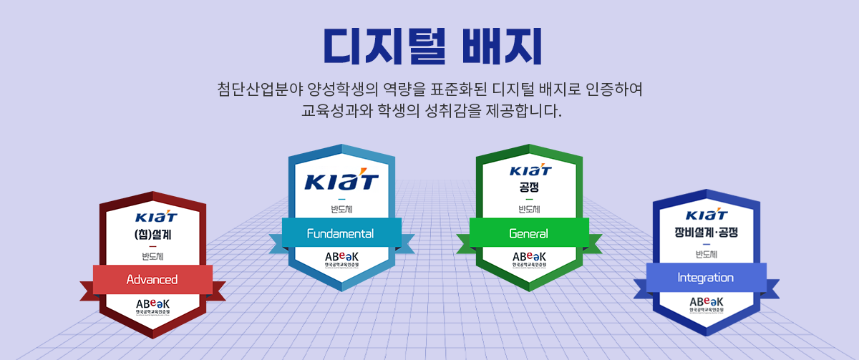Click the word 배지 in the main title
pos(500,45)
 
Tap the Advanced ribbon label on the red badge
pos(152,279)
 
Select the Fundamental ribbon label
pos(340,234)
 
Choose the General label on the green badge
pos(528,234)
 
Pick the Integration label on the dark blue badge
pos(705,278)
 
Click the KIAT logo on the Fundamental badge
pos(341,181)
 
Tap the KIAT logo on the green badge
pos(530,171)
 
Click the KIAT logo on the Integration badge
pos(706,215)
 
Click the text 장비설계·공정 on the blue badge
pos(706,233)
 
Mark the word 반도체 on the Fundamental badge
pos(341,210)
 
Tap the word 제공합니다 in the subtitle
pos(524,112)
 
